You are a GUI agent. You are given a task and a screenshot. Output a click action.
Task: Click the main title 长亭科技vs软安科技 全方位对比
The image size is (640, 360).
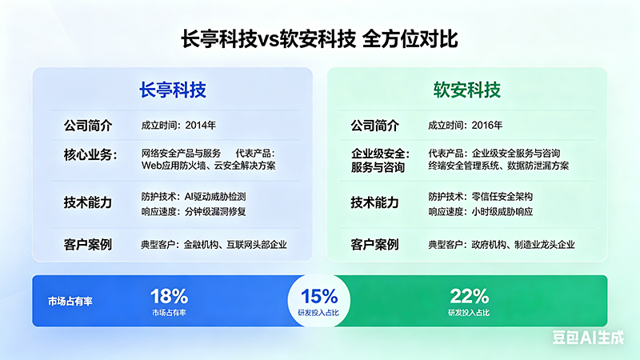click(319, 39)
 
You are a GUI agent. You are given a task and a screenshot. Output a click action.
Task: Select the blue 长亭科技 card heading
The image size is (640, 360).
click(173, 90)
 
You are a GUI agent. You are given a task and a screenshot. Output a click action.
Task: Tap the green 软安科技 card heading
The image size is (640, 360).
click(467, 90)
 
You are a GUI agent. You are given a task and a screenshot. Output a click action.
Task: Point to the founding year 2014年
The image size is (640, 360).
click(201, 126)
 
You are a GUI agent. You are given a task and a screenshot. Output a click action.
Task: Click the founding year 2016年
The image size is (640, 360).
click(487, 126)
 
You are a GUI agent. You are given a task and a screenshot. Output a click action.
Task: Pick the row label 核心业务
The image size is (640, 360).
click(90, 155)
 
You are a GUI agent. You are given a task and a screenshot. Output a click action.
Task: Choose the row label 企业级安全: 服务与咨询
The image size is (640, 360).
click(381, 161)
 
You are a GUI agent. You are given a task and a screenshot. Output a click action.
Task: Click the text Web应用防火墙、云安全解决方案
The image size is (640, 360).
click(209, 166)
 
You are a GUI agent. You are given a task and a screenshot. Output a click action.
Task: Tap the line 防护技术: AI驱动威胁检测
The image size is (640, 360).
click(194, 197)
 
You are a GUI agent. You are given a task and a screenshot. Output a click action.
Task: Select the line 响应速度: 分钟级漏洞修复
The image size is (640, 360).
click(194, 212)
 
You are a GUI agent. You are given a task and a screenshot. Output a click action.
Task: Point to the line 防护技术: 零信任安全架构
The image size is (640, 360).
click(481, 197)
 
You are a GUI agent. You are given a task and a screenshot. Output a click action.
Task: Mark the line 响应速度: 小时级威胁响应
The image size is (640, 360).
click(481, 212)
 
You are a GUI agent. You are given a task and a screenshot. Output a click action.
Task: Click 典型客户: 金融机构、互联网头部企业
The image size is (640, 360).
click(214, 245)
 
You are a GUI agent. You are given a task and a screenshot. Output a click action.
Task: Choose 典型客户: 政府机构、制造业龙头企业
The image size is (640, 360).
click(502, 245)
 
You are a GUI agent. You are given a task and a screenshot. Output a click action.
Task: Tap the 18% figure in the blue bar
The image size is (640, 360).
click(169, 296)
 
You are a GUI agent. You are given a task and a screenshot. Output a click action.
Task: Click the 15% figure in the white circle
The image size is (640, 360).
click(318, 296)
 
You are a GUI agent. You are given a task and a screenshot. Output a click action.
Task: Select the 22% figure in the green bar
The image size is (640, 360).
click(469, 296)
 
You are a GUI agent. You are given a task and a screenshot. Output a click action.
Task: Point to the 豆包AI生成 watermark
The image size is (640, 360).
click(588, 338)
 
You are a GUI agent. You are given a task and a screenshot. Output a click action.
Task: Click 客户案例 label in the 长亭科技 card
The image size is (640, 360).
click(88, 245)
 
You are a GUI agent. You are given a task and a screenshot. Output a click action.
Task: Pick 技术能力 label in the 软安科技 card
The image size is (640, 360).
click(374, 203)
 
